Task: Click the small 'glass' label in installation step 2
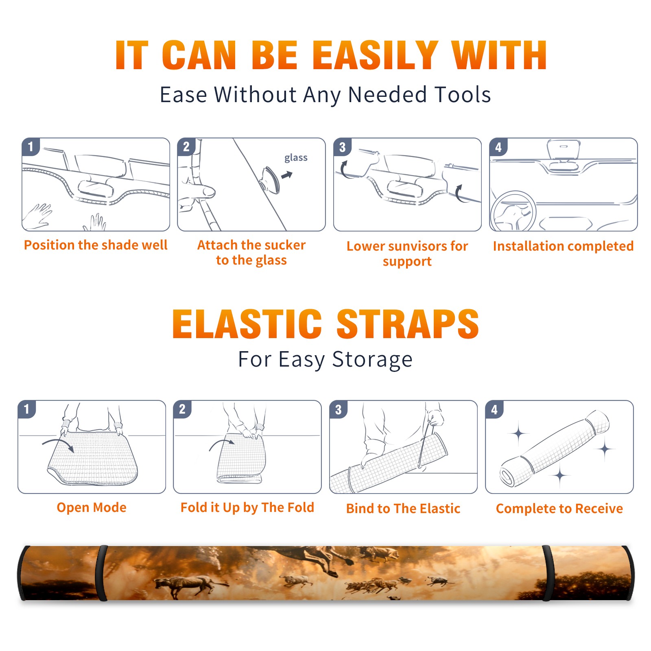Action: tap(296, 158)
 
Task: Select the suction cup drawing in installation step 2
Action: tap(271, 180)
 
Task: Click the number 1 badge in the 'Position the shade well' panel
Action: tap(31, 146)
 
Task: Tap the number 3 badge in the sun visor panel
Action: tap(342, 147)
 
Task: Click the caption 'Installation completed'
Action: tap(563, 246)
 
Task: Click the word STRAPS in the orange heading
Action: tap(408, 324)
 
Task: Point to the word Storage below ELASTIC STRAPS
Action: tap(372, 360)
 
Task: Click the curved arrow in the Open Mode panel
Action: tap(58, 445)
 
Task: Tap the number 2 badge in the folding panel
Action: tap(182, 409)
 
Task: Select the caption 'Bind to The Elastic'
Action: tap(403, 509)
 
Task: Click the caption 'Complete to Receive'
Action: tap(559, 509)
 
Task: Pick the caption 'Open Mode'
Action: tap(92, 508)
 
